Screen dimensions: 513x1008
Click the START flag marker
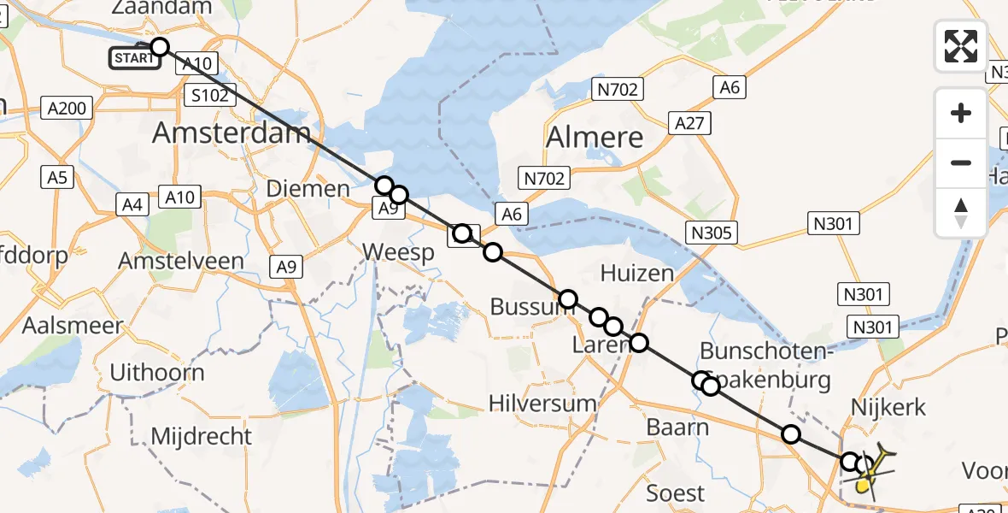(134, 58)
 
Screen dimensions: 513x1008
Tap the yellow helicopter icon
(870, 471)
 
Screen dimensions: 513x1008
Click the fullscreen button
(961, 46)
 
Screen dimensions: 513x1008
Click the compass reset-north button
(961, 212)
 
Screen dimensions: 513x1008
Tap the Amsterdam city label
(231, 133)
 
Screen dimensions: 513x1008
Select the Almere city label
(595, 137)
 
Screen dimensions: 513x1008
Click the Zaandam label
(161, 8)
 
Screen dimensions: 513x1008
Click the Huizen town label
(636, 273)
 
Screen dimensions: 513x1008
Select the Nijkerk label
(888, 407)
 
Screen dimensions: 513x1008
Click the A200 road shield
(66, 108)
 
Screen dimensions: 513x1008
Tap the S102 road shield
(209, 95)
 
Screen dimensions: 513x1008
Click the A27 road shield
(689, 123)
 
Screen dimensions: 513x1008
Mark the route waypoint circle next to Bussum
(568, 299)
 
